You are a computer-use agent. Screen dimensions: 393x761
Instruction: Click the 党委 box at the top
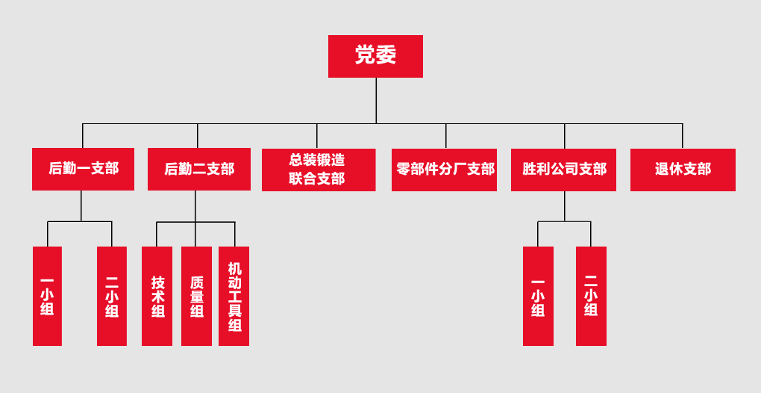point(375,56)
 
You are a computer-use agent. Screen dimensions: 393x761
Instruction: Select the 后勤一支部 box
point(83,169)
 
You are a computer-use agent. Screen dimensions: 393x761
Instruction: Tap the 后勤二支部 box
point(198,169)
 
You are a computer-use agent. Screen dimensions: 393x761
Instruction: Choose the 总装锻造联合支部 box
point(318,170)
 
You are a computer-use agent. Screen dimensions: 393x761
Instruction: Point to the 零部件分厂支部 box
point(444,170)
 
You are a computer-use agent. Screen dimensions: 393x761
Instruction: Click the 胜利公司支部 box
point(563,170)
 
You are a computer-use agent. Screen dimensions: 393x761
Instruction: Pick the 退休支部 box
point(683,170)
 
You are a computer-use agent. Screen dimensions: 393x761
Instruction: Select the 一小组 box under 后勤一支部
point(47,296)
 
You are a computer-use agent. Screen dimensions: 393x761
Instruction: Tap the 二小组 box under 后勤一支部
point(112,296)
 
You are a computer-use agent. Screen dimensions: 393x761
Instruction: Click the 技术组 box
point(157,296)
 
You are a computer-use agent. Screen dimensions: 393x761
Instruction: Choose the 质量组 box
point(196,296)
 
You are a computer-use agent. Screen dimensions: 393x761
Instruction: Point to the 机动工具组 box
point(234,296)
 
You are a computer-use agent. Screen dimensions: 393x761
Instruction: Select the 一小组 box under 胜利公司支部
point(538,296)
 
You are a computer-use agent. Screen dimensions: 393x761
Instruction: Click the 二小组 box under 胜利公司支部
point(591,296)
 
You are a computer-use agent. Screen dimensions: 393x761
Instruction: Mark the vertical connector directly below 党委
point(376,101)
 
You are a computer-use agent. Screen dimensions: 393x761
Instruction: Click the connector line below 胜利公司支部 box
point(565,206)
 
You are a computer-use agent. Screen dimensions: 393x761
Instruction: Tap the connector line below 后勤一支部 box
point(81,206)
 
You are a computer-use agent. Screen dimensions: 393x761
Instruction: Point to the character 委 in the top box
point(386,55)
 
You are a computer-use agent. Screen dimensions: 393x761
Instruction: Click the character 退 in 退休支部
point(662,170)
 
